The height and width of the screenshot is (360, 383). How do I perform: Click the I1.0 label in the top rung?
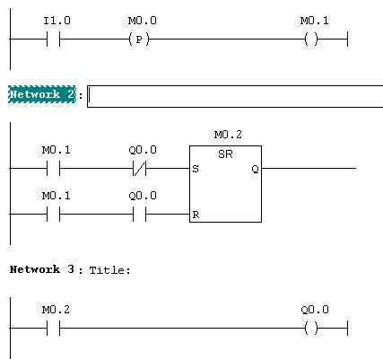coord(57,21)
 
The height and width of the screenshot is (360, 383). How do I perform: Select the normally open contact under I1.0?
coord(53,40)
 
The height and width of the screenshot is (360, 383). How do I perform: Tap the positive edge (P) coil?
coord(139,40)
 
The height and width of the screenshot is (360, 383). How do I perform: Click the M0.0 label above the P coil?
coord(143,21)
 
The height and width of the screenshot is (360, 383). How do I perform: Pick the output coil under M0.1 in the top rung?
coord(311,40)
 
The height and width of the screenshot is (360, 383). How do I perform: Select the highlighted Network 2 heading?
coord(42,94)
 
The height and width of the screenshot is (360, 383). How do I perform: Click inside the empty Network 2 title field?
coord(235,96)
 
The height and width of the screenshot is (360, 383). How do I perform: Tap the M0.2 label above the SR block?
coord(228,135)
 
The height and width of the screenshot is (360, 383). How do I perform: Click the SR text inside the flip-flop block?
coord(225,154)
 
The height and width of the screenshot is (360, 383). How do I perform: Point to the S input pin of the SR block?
coord(196,169)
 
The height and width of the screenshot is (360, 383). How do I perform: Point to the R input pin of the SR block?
coord(196,215)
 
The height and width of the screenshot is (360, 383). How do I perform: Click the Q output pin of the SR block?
coord(255,169)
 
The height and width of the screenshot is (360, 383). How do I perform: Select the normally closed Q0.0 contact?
coord(139,169)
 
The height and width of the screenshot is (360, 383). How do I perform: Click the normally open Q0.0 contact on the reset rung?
coord(139,214)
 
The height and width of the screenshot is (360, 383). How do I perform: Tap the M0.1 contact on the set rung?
coord(53,169)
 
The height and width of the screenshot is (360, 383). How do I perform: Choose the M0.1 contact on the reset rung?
coord(53,214)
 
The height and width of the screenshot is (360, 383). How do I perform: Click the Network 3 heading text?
coord(42,269)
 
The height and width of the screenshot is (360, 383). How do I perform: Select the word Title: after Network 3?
coord(110,270)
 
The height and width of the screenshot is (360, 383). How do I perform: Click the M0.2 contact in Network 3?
coord(53,328)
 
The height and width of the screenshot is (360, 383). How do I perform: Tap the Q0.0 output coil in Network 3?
coord(311,328)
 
